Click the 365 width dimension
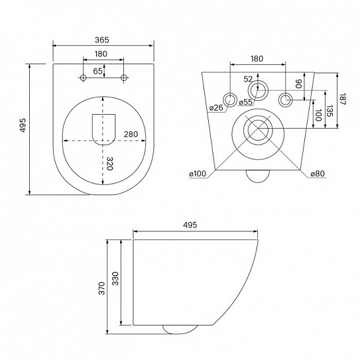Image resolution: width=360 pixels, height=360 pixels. click(x=103, y=40)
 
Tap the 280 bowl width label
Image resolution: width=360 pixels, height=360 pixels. click(x=131, y=135)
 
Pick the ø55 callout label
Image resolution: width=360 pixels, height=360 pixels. click(x=245, y=103)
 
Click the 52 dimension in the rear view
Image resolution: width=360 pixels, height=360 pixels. click(x=248, y=79)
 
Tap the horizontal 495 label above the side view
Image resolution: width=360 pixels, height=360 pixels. click(x=191, y=226)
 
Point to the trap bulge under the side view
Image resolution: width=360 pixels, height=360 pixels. click(x=180, y=328)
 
